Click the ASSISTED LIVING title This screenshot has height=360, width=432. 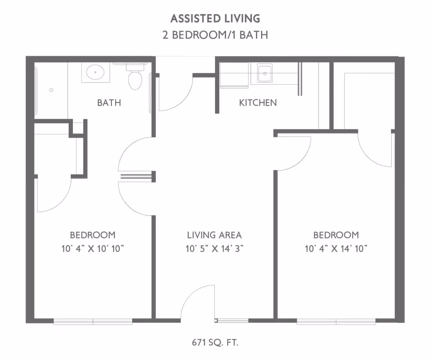(x=215, y=18)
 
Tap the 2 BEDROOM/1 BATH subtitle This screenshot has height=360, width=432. (x=215, y=35)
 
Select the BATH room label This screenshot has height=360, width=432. (x=109, y=103)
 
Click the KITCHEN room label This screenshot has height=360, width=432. (x=258, y=103)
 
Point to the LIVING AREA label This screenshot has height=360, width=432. (x=214, y=235)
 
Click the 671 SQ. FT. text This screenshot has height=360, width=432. (x=215, y=342)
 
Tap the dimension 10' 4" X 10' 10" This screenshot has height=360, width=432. (x=93, y=248)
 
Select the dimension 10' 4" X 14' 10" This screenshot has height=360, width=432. (x=336, y=248)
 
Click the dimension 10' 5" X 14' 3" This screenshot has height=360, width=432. (x=214, y=248)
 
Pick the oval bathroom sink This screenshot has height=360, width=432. (x=95, y=72)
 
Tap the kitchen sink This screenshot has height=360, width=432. (x=265, y=73)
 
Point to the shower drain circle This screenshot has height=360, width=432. (x=51, y=90)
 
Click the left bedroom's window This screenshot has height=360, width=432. (x=93, y=321)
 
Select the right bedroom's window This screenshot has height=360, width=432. (x=336, y=321)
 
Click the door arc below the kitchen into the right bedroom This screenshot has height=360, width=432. (x=293, y=153)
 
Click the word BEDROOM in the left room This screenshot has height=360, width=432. (x=93, y=235)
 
